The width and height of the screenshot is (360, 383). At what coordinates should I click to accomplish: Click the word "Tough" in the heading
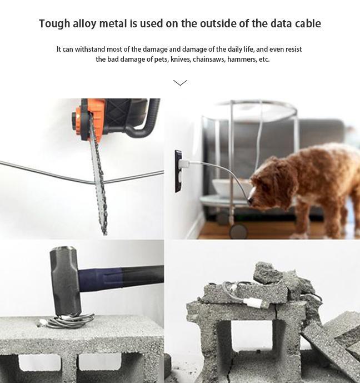point(54,24)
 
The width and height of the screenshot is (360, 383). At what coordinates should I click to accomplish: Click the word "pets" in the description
point(161,59)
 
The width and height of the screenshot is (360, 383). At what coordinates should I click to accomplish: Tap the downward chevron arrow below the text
point(180,83)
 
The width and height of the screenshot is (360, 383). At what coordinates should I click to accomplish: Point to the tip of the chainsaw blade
point(105,234)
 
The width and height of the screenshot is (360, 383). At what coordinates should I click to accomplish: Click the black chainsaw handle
point(144,122)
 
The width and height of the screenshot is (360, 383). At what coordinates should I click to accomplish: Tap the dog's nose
point(250,201)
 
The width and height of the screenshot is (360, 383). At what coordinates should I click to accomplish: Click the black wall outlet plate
point(178,171)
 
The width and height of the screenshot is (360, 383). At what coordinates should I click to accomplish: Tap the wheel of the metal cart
point(238,231)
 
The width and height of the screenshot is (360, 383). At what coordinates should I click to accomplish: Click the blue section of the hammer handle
point(100,280)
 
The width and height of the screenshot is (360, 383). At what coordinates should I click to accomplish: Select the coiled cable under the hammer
point(67,321)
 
